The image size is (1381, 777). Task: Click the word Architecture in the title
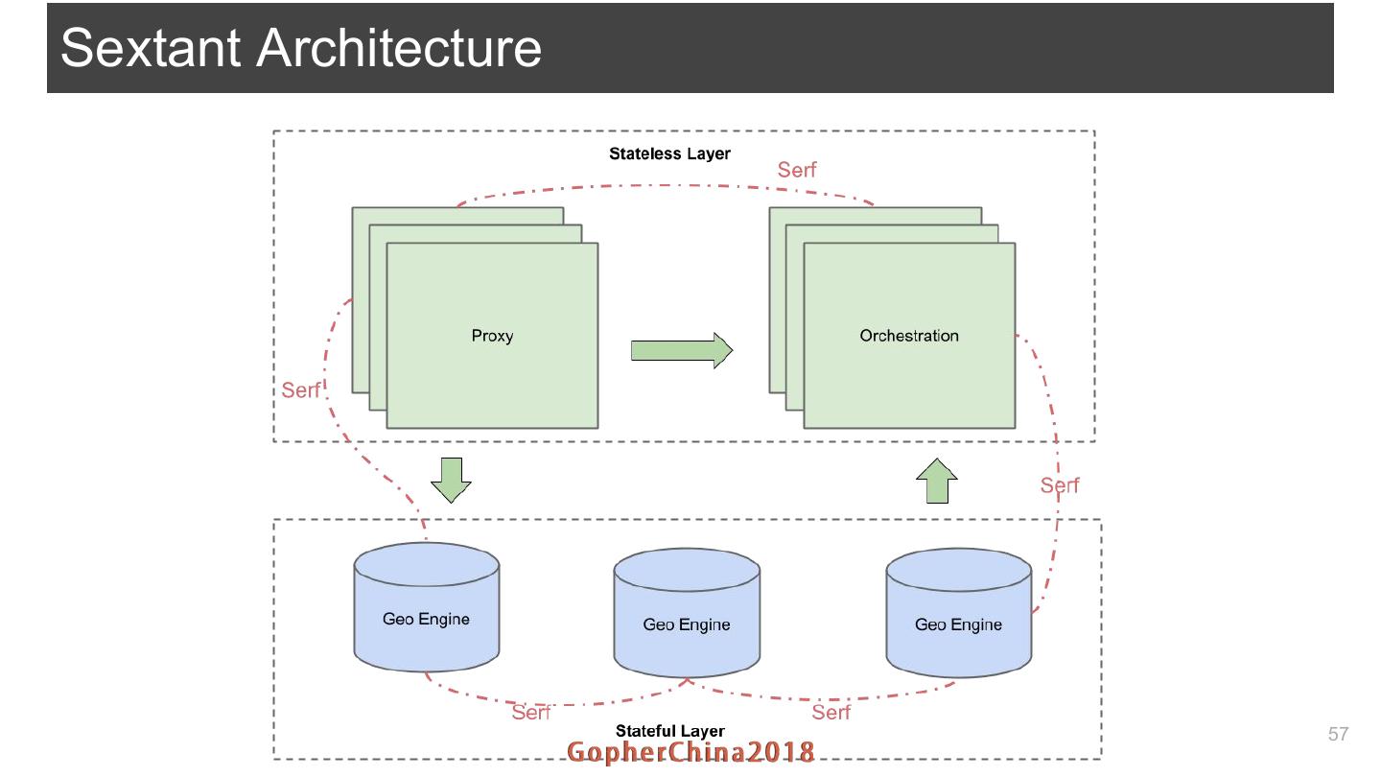click(399, 48)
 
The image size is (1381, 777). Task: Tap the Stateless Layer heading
click(669, 153)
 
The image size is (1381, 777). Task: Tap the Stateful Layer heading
click(669, 732)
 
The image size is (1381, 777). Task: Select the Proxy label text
click(492, 336)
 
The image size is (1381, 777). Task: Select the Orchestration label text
click(908, 336)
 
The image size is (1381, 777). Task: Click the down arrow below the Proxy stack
click(450, 480)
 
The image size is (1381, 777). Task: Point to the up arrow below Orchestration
click(936, 481)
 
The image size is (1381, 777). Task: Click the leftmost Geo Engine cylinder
click(426, 608)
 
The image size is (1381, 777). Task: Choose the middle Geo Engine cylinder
click(687, 613)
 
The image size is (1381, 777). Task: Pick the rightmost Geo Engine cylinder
click(958, 613)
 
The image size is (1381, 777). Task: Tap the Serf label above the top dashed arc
click(797, 170)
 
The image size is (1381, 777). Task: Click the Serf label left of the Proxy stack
click(300, 390)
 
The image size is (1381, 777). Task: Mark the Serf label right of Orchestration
click(1060, 485)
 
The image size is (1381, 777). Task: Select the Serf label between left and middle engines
click(530, 712)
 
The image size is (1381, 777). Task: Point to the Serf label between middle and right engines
click(831, 712)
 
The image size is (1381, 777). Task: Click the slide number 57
click(1338, 735)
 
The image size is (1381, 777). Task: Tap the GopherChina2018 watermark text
click(690, 753)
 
